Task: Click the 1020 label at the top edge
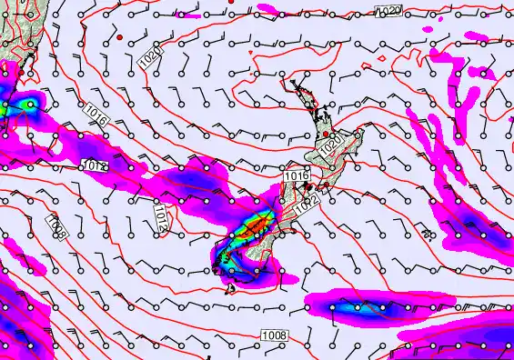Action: [x=388, y=10]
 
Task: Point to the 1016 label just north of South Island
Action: [x=296, y=175]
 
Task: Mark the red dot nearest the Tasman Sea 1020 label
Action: [x=120, y=37]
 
